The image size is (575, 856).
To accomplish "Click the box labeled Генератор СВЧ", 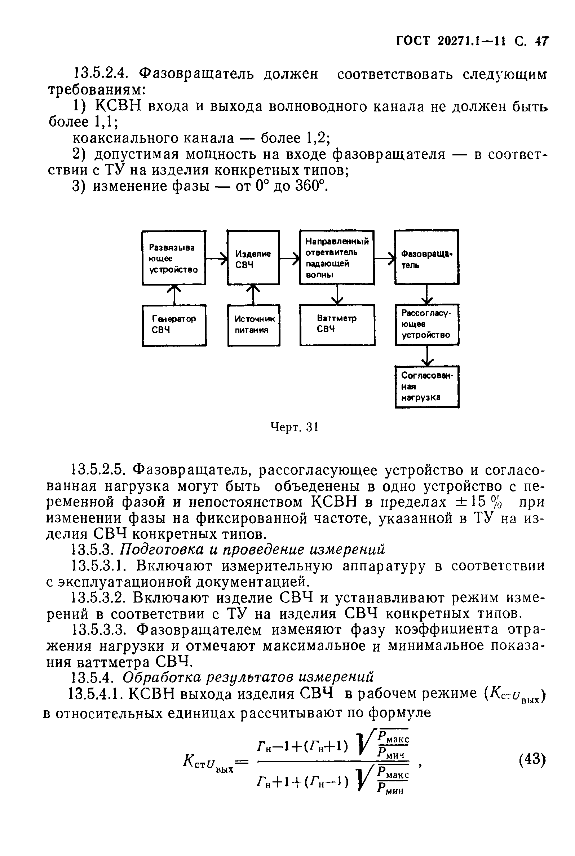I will [174, 325].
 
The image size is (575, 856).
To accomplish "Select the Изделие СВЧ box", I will [253, 257].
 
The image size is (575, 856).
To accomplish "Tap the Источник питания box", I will [253, 325].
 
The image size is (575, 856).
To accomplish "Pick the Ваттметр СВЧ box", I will [337, 325].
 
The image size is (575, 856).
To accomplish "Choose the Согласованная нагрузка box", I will [427, 387].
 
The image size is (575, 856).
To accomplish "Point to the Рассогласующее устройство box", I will [427, 324].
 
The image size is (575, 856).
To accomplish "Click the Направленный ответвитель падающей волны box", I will [337, 257].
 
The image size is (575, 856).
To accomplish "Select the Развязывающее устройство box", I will [173, 258].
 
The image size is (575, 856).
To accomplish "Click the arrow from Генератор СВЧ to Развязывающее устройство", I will [174, 295].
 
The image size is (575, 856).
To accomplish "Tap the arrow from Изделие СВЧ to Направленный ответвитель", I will [290, 258].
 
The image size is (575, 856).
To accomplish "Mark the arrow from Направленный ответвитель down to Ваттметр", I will [337, 295].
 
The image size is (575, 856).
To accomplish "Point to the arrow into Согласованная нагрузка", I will [427, 356].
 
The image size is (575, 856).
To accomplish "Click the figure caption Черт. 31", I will [294, 427].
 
